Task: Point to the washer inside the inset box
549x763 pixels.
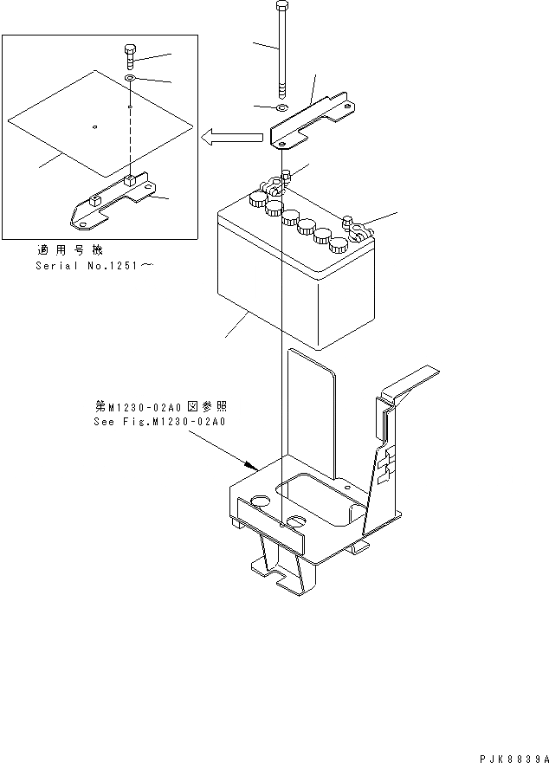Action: click(x=129, y=79)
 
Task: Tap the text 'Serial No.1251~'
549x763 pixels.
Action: click(x=94, y=265)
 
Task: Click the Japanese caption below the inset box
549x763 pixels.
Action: click(x=77, y=249)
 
